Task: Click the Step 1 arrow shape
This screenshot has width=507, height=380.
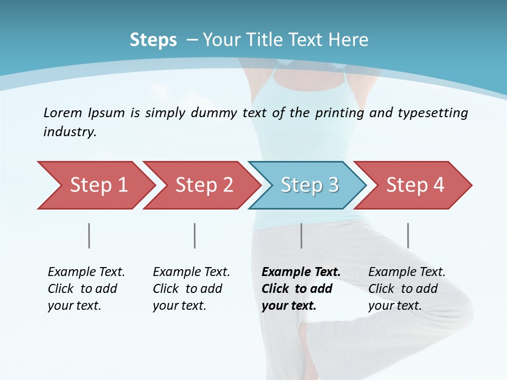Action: pos(95,185)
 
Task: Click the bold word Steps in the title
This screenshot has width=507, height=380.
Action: pos(153,40)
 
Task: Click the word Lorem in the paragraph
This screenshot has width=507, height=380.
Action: pos(63,112)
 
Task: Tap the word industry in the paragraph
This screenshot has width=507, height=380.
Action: pos(69,132)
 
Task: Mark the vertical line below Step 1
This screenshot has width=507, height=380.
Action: pos(89,235)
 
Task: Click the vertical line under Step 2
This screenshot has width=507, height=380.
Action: pos(195,235)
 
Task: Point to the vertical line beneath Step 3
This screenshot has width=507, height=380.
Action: pos(301,235)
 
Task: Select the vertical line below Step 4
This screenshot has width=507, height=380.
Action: pos(408,235)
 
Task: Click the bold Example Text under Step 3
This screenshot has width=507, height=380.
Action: pos(301,272)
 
